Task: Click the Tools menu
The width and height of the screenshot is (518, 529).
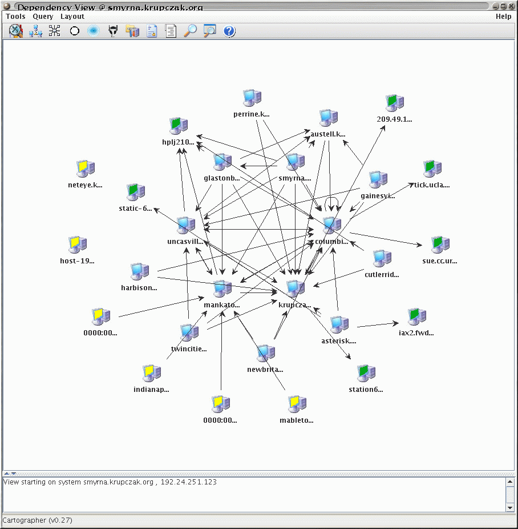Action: pos(15,17)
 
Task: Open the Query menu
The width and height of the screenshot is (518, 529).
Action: pos(43,17)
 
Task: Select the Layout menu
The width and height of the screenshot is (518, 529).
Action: pos(72,17)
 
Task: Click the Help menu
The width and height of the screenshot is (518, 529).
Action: pos(503,17)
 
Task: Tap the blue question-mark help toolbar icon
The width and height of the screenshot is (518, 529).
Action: pos(229,31)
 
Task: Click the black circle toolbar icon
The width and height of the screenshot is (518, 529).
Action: pos(74,31)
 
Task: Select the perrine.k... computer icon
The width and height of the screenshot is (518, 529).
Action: pos(252,98)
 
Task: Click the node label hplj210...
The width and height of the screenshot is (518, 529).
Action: pos(178,142)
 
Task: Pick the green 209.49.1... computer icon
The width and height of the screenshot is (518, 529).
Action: pos(394,103)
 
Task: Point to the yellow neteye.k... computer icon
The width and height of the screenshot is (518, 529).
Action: pos(86,169)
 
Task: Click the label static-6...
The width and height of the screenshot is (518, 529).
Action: pos(136,209)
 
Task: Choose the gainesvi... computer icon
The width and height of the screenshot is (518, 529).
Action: pos(378,180)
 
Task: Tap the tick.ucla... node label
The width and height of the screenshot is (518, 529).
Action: pos(432,185)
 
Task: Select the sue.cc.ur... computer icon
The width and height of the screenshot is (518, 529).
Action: pos(440,245)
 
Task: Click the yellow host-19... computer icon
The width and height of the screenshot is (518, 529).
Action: pos(77,245)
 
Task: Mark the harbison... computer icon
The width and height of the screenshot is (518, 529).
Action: pos(139,272)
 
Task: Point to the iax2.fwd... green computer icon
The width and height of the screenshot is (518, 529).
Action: pos(416,316)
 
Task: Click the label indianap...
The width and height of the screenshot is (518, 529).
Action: pos(151,390)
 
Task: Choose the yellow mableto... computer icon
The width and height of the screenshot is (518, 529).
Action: pos(297,404)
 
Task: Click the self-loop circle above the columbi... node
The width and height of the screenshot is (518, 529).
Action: pos(332,202)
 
